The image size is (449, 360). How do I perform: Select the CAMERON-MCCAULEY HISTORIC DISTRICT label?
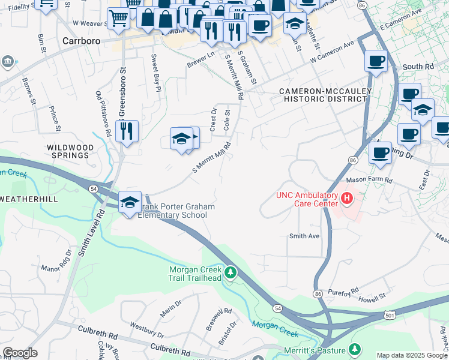(x=326, y=95)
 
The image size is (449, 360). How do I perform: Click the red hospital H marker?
(x=346, y=197)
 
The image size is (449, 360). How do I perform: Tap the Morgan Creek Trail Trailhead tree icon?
(x=231, y=274)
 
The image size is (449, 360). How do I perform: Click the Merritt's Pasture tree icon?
(x=355, y=349)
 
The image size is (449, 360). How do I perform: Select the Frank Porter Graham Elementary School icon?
(x=130, y=202)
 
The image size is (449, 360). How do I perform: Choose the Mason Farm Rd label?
(x=369, y=180)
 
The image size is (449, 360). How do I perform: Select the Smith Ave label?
(x=304, y=236)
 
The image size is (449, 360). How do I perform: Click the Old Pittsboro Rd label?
(x=104, y=114)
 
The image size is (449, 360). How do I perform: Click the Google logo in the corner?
(x=20, y=353)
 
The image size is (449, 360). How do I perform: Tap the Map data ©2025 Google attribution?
(x=412, y=355)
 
